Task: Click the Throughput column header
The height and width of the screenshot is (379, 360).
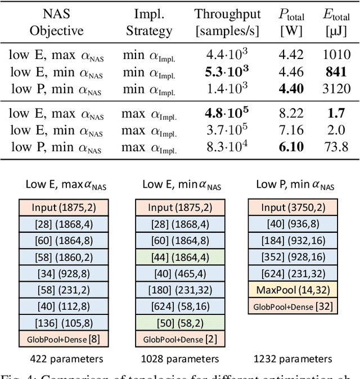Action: coord(228,22)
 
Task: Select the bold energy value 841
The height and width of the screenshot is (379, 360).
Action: coord(336,72)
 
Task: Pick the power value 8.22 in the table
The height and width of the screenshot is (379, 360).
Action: coord(291,113)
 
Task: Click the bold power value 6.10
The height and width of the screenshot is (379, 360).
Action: coord(291,146)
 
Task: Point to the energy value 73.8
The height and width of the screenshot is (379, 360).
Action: coord(336,146)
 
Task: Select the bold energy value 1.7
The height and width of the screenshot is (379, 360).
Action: coord(336,113)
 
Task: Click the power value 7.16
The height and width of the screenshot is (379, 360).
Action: coord(291,130)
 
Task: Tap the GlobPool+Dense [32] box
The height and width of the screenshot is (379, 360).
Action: coord(294,306)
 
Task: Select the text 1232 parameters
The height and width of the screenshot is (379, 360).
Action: coord(293,359)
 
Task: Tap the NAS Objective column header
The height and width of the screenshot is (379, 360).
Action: coord(56,22)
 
